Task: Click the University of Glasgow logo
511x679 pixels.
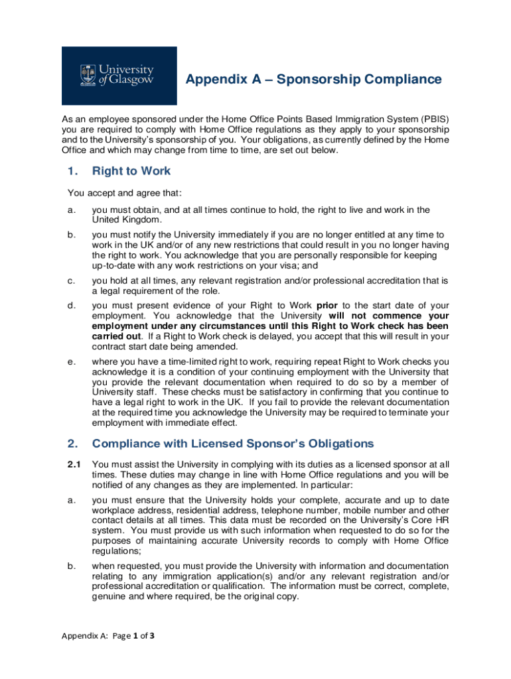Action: [119, 76]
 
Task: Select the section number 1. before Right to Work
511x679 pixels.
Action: [73, 171]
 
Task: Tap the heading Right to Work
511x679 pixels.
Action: [131, 171]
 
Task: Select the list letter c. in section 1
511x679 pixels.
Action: [71, 280]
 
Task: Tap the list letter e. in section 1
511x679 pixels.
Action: [71, 362]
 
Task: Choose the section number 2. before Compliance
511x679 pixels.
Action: [73, 444]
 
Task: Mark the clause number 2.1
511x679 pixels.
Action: [74, 465]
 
